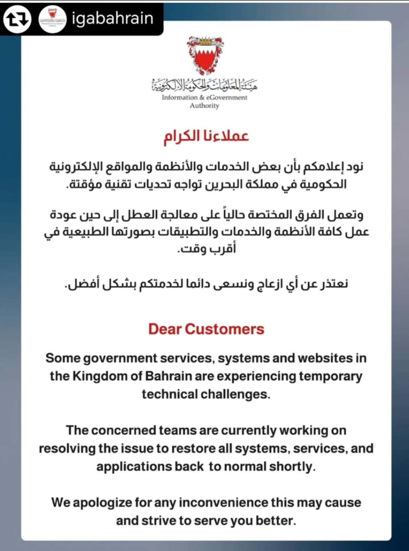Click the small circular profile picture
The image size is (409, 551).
coord(52,19)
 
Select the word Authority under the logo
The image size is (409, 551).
coord(204,106)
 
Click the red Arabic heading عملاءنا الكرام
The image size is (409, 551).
coord(206,136)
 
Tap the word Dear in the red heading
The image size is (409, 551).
coord(165,329)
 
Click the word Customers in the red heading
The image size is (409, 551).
coord(225,329)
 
